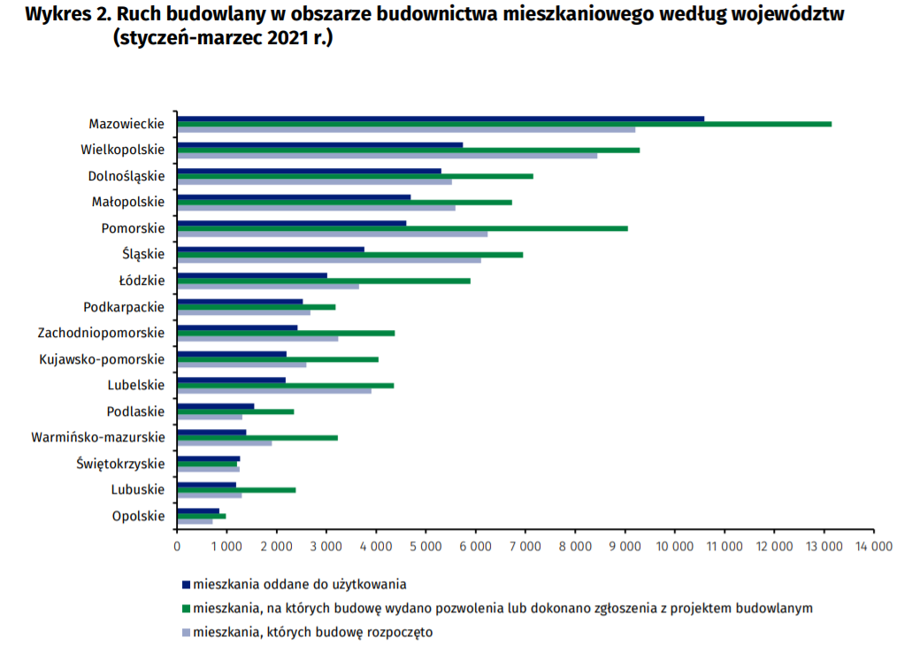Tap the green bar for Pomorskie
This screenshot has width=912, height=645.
(x=402, y=228)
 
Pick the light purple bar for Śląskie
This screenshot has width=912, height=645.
(x=329, y=260)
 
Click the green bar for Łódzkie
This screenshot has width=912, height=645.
(x=324, y=280)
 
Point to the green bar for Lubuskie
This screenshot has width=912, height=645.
(x=236, y=489)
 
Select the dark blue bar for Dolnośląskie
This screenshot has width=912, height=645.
(x=310, y=171)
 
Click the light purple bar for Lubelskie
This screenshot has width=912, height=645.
(x=274, y=390)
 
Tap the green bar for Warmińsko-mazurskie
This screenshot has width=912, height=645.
(x=257, y=437)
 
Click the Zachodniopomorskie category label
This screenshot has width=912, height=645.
(x=101, y=333)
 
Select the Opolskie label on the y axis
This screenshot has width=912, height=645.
(x=138, y=516)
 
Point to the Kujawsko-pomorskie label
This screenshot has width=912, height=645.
(x=102, y=359)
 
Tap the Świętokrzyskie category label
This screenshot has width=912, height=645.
(x=120, y=464)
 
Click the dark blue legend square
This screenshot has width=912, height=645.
(x=186, y=585)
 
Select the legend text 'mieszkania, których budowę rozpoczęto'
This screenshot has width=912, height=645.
(x=313, y=633)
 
